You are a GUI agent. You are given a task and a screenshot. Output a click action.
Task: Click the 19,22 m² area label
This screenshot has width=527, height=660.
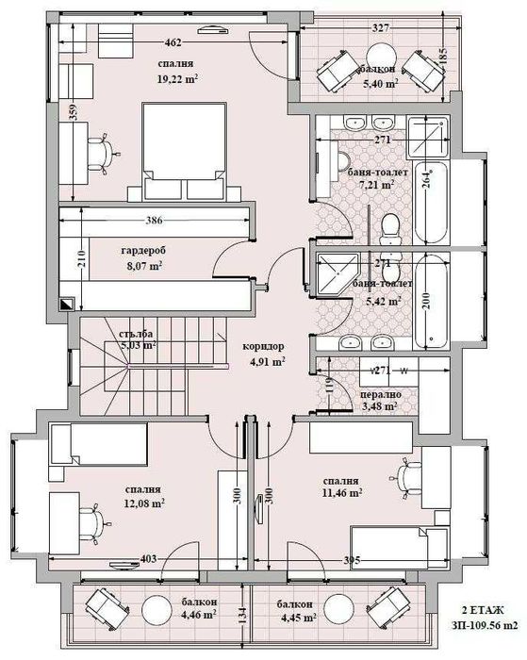coord(177,80)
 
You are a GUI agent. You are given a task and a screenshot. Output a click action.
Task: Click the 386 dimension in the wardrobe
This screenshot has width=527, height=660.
coord(156,221)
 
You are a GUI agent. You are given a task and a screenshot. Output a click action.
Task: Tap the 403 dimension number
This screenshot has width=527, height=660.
coord(147,560)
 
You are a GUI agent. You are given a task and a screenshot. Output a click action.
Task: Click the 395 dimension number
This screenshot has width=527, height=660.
coord(350,562)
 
